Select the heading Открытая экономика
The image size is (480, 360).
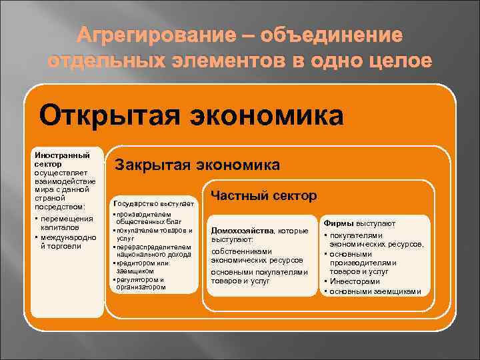point(191,115)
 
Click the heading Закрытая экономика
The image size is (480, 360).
point(197,164)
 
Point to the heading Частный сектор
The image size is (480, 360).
point(264,195)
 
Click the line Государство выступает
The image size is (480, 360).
point(153,203)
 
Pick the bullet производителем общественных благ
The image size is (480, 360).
point(153,217)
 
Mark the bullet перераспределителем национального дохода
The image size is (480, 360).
point(154,251)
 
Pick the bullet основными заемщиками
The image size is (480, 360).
point(374,291)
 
